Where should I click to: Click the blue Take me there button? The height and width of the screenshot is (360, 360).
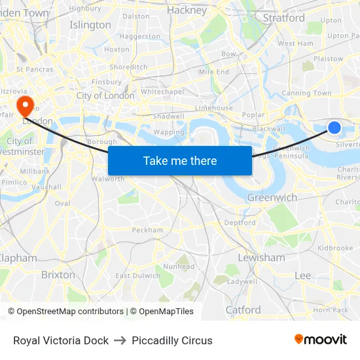tap(180, 160)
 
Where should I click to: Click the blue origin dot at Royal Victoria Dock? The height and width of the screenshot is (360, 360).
tap(334, 128)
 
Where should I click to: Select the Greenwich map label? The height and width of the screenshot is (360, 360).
tap(272, 197)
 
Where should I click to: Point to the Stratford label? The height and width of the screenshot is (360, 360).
tap(283, 18)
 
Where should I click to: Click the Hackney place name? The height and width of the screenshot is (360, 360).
tap(186, 10)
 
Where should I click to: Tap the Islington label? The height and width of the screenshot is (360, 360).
tap(90, 25)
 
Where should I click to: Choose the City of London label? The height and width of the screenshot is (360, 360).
tap(105, 96)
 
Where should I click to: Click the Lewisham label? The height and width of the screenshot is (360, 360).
tap(261, 257)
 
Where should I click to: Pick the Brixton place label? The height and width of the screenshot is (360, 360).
tap(58, 275)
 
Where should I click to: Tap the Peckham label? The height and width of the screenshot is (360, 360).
tap(147, 230)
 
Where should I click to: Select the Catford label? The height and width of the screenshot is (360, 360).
tap(243, 310)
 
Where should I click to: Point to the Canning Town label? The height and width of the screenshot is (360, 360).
tap(306, 94)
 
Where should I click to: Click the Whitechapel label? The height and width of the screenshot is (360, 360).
tap(162, 92)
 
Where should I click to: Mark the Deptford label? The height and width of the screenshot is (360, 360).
tap(240, 223)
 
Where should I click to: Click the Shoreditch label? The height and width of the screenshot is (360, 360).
tap(128, 67)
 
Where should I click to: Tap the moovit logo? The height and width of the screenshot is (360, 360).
tap(320, 340)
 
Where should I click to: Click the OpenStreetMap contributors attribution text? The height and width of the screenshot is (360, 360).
tap(66, 312)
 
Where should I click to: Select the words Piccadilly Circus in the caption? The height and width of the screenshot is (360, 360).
tap(172, 340)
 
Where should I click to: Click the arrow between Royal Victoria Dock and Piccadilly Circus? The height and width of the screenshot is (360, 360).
tap(120, 340)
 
